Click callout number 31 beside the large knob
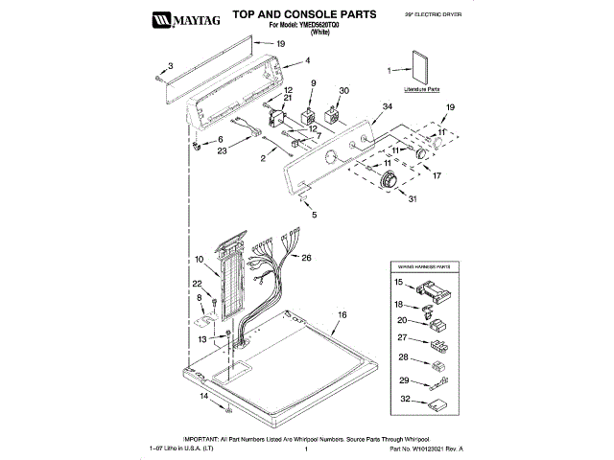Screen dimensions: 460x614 coord(413,198)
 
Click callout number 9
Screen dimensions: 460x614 coord(312,85)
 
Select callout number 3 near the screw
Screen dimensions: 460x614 coord(170,65)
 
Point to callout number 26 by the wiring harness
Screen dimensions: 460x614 coord(306,258)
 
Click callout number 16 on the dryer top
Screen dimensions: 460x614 coord(341,314)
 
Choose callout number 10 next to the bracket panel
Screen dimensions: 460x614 coord(201,260)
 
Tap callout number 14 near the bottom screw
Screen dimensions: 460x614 coord(203,396)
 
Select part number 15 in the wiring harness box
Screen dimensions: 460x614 coord(400,283)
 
